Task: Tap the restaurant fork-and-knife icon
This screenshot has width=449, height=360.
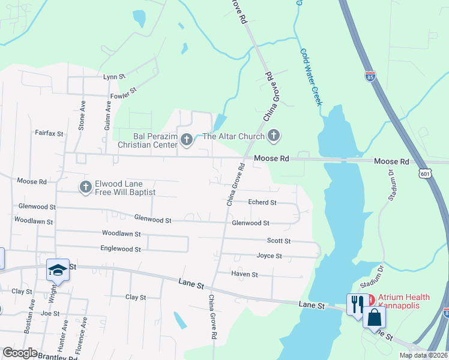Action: (x=355, y=302)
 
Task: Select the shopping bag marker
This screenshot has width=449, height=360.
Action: (x=374, y=317)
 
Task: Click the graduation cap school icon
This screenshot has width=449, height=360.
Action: (x=58, y=271)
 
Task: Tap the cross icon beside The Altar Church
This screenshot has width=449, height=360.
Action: (x=274, y=136)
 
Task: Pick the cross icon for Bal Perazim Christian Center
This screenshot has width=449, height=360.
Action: (x=186, y=140)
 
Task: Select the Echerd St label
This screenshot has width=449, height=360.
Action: (x=262, y=203)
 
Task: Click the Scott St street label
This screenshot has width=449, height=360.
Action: (x=279, y=241)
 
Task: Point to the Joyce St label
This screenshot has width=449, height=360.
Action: (x=269, y=256)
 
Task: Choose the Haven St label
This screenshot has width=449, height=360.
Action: (x=244, y=274)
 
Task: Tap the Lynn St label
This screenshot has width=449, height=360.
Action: (x=113, y=77)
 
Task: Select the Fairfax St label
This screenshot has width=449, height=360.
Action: (x=49, y=133)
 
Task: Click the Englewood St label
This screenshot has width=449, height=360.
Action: (x=121, y=248)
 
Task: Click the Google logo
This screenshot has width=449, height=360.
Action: (x=20, y=353)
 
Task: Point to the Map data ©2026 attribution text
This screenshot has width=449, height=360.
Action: (x=423, y=355)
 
